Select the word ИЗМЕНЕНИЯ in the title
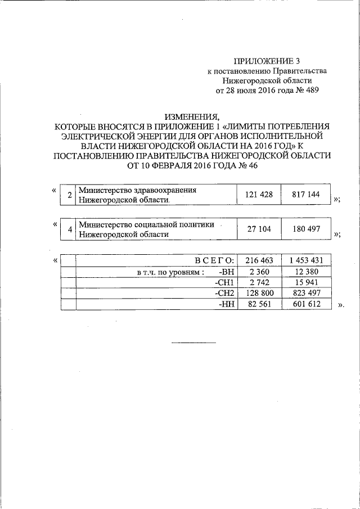(192, 117)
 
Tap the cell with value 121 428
(259, 195)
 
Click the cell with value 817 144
(305, 195)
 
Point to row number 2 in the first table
(69, 195)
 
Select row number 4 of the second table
(69, 230)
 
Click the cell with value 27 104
(259, 229)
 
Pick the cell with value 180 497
(305, 229)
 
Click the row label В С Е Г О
(214, 260)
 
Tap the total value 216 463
(259, 260)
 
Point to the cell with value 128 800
(259, 293)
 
